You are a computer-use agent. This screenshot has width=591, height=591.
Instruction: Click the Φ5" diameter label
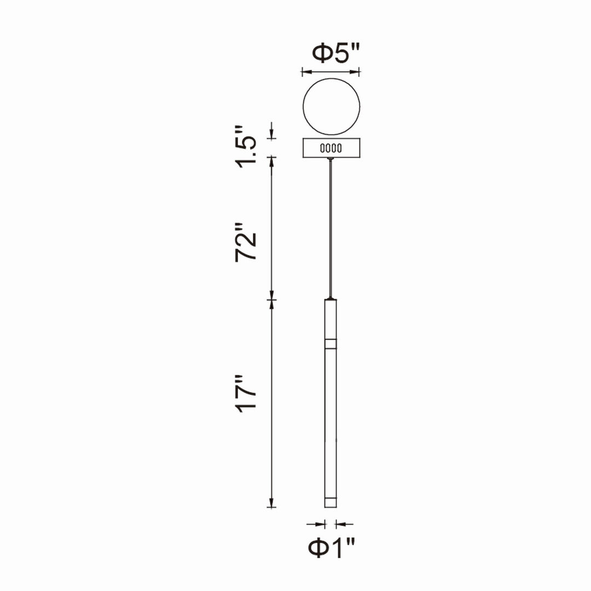[337, 53]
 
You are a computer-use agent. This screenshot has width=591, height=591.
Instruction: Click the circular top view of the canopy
[331, 107]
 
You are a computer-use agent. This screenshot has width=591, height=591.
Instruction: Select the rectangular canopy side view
[331, 148]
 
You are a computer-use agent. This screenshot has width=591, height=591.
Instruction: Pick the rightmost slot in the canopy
[339, 148]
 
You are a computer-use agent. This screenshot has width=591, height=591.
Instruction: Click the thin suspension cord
[330, 230]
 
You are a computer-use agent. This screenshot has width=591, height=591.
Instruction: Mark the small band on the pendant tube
[330, 344]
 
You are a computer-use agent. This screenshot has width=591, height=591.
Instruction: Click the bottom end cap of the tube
[330, 502]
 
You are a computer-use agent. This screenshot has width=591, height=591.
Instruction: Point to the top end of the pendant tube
[330, 300]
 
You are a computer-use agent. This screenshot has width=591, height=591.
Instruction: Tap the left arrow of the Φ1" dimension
[321, 524]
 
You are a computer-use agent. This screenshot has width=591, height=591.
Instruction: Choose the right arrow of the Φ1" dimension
[339, 524]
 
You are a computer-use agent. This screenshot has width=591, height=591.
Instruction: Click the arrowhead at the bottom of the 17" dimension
[271, 503]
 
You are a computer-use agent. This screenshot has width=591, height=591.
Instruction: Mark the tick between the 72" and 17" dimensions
[271, 300]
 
